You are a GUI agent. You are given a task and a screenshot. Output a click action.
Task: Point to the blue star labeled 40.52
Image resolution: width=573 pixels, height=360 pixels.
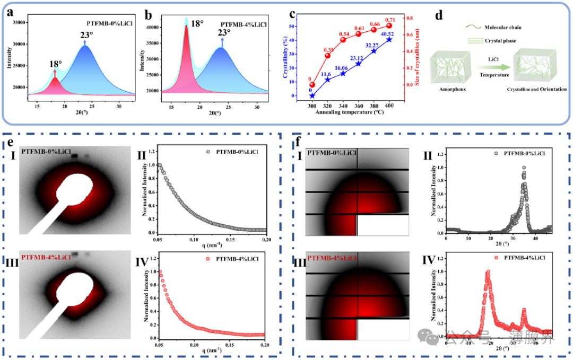click(x=389, y=39)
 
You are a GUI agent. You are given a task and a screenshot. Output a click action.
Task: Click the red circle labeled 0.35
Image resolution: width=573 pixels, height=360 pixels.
click(x=327, y=56)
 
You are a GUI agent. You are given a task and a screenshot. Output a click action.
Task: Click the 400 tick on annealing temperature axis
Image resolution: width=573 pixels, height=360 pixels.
click(x=389, y=106)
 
